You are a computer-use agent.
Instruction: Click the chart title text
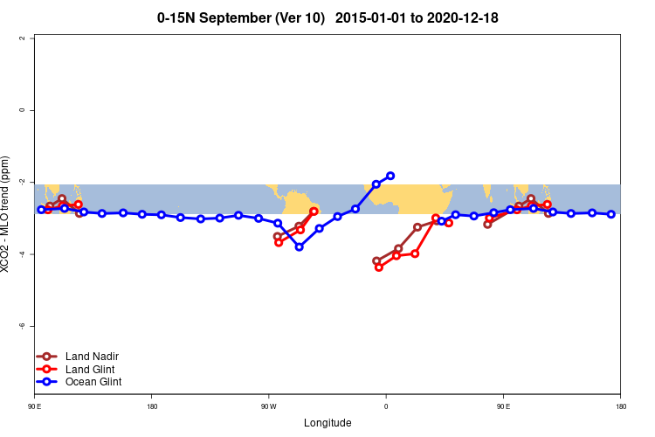(327, 17)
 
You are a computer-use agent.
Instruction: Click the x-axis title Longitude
(327, 423)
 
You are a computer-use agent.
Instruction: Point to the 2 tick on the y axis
(32, 38)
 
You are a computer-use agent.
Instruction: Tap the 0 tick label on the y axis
(32, 110)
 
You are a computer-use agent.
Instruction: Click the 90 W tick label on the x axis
(268, 406)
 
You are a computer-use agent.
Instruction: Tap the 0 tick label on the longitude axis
(385, 406)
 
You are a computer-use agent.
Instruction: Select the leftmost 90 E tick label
(34, 406)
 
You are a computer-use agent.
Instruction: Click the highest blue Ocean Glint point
(390, 176)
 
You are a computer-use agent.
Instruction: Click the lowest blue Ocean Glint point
(300, 246)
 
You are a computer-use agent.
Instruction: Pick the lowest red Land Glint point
(378, 267)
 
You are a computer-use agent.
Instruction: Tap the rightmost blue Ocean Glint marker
(611, 214)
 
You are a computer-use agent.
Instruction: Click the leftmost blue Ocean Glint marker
(41, 210)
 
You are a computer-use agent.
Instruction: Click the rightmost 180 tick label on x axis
(620, 406)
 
